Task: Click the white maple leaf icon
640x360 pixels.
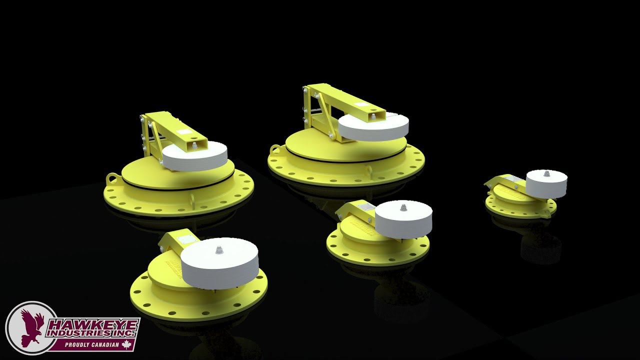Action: [126, 344]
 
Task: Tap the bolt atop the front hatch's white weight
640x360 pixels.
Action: [218, 250]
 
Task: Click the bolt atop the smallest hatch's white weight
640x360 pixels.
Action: [546, 173]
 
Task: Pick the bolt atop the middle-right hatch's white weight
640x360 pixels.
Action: [403, 207]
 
